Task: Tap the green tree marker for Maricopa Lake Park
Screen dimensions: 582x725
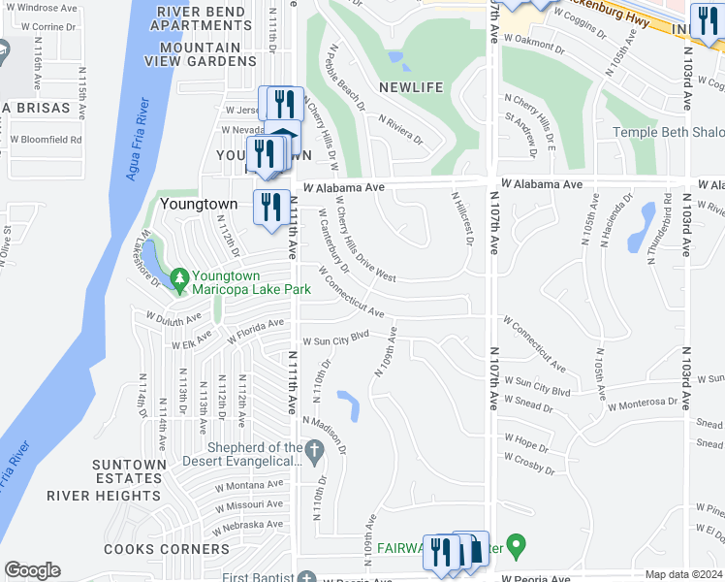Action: click(x=178, y=280)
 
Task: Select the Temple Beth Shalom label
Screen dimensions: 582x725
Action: click(x=667, y=133)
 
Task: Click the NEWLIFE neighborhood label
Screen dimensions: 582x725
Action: click(x=410, y=87)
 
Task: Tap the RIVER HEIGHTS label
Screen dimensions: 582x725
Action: click(x=129, y=495)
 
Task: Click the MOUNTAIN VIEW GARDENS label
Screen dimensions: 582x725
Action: click(x=201, y=54)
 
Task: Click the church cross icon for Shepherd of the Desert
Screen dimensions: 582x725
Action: click(x=313, y=450)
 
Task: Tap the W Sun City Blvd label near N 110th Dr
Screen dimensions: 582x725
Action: click(x=336, y=340)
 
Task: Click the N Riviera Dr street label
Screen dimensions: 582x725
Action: click(x=400, y=129)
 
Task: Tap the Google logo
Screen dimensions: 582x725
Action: click(x=32, y=570)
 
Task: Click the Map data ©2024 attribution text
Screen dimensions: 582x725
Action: click(x=683, y=575)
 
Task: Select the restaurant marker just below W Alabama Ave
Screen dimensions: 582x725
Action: click(x=271, y=208)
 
